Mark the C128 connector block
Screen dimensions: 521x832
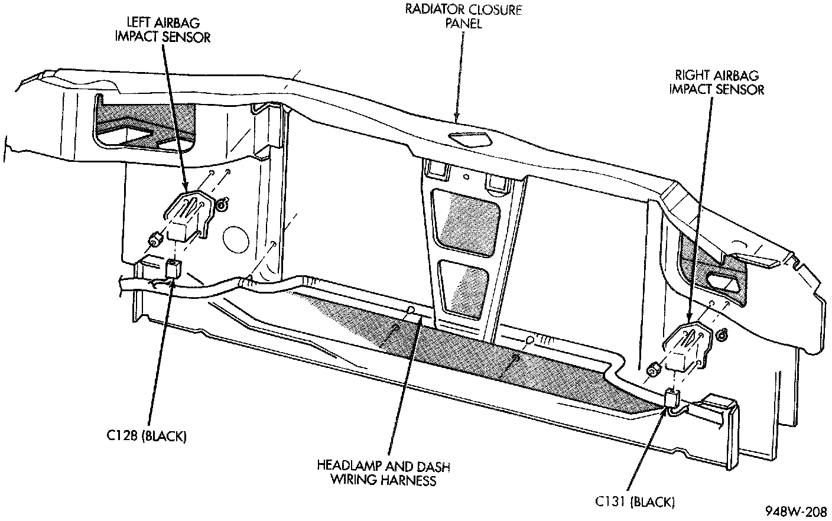[x=173, y=269]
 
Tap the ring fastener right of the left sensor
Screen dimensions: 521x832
[x=223, y=205]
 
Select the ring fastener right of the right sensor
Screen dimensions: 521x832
[x=721, y=335]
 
